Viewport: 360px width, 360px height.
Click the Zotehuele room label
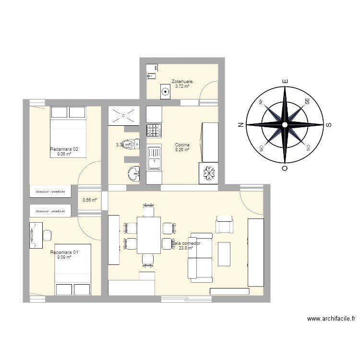coord(182,82)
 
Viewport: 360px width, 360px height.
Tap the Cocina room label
coord(182,145)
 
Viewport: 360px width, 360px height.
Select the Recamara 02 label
coord(64,149)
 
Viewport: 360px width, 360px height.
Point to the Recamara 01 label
coord(64,252)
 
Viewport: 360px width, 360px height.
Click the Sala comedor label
coord(186,243)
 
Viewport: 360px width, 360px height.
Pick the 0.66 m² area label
coord(90,200)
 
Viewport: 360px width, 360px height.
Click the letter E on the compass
coord(285,82)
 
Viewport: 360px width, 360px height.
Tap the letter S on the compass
coord(329,125)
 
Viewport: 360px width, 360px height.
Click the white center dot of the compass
coord(285,125)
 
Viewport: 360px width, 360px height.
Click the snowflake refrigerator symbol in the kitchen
coord(208,173)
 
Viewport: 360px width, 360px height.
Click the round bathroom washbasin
coord(133,173)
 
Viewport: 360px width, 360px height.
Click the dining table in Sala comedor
coord(148,235)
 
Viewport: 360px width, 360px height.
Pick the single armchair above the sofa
coord(225,225)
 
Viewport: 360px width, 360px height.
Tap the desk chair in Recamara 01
coord(47,235)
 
